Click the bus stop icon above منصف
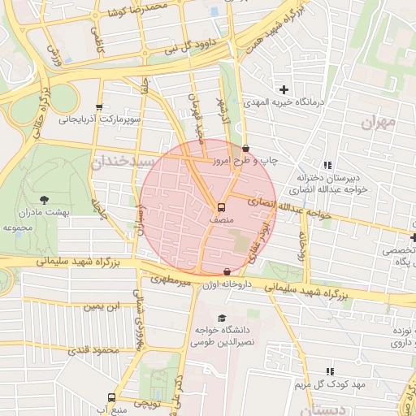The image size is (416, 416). coord(222,206)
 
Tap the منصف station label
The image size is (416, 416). coord(221,219)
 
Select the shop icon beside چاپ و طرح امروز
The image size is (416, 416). coord(246,148)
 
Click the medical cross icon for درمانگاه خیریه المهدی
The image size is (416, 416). coord(284,89)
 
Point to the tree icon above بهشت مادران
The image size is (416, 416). coord(43,198)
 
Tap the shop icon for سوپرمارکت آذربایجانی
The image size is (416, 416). coord(99,106)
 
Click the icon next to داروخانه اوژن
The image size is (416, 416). coord(227,272)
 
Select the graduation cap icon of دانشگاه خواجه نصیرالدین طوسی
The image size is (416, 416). coord(222,318)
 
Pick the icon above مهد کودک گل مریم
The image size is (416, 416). coord(330,370)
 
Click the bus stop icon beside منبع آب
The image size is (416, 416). coord(111,398)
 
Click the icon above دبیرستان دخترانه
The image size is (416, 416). coord(327,165)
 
